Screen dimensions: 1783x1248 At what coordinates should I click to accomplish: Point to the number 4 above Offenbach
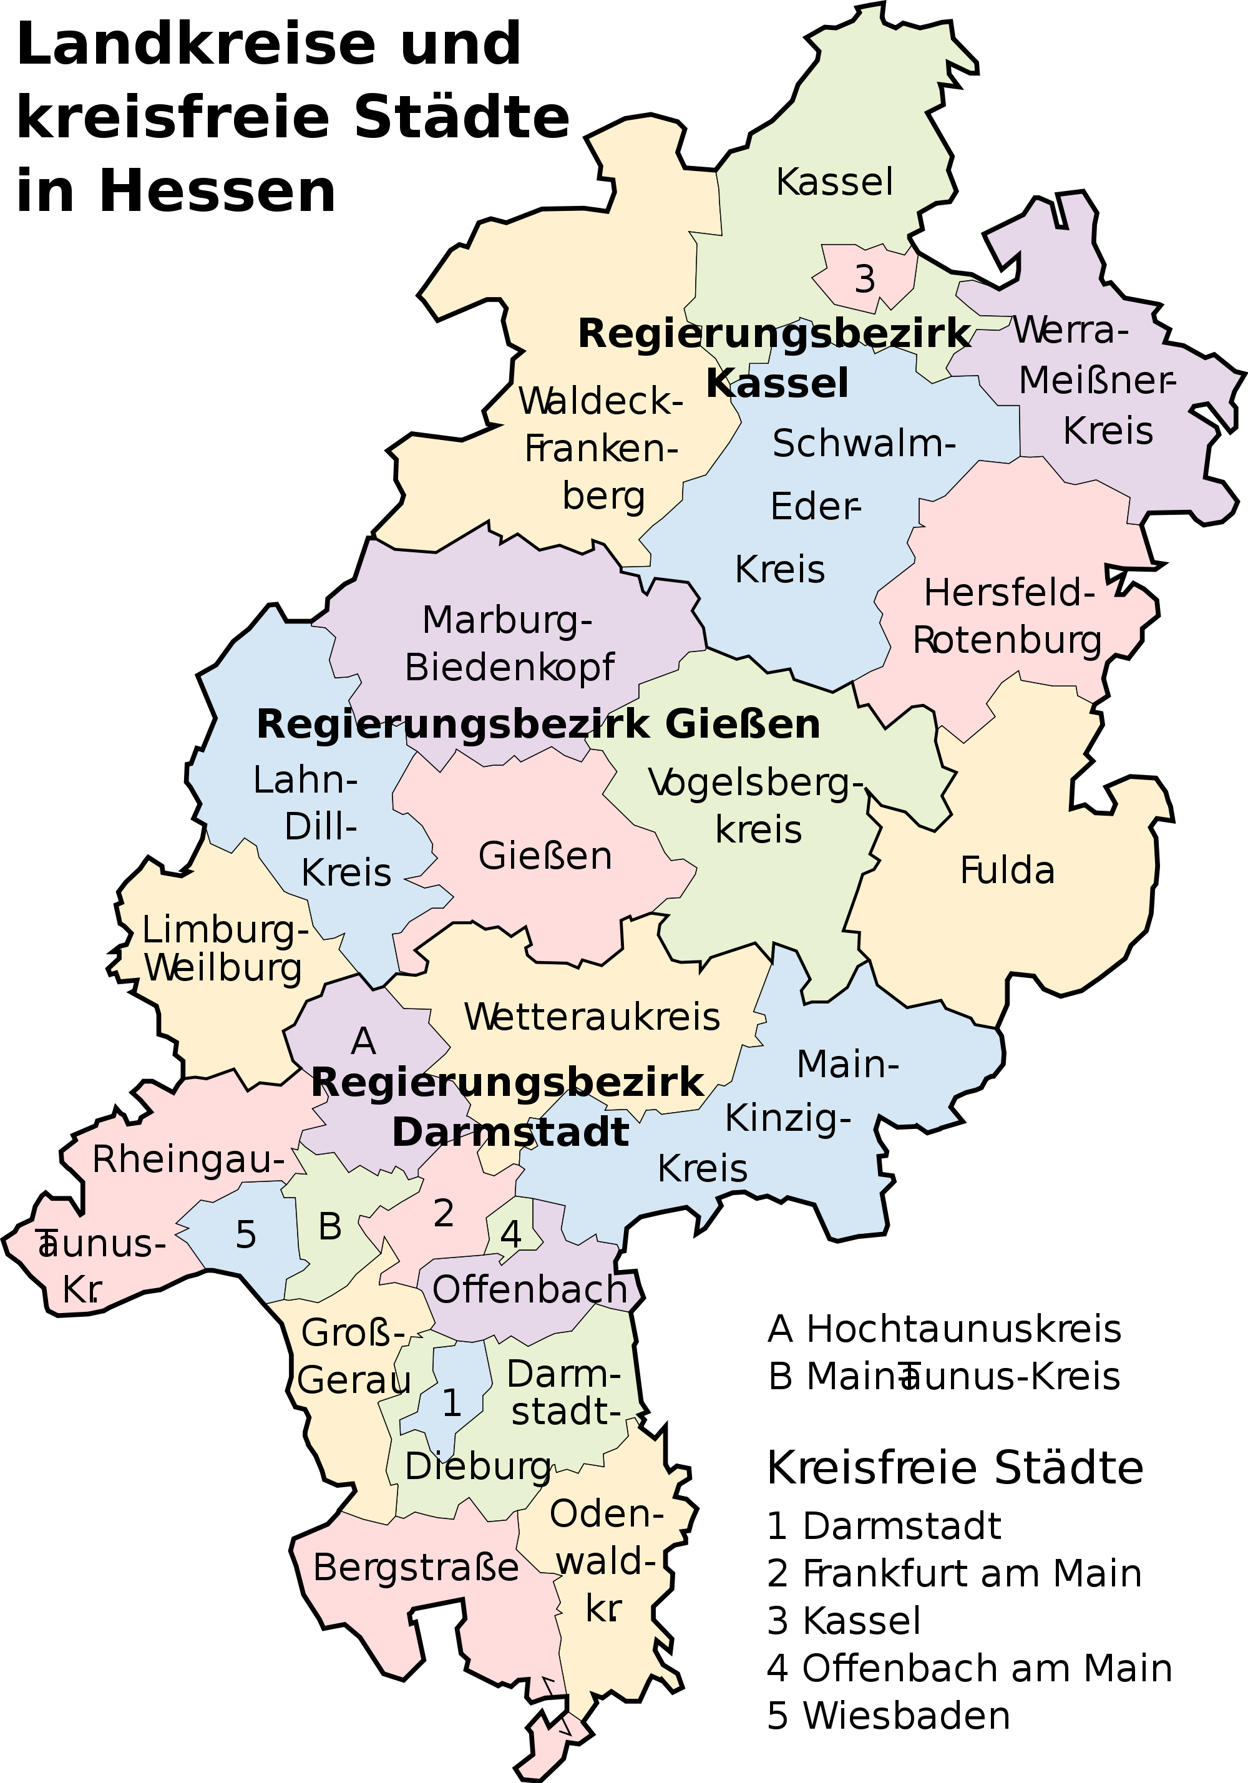pos(511,1233)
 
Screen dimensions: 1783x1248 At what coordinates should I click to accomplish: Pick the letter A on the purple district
pos(363,1042)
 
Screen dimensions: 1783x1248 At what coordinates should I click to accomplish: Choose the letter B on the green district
pos(330,1227)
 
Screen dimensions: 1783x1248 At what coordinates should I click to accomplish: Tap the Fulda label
pos(1007,871)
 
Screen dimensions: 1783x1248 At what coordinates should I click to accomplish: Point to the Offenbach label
pos(530,1290)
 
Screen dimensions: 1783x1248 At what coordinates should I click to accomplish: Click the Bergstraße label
pos(416,1568)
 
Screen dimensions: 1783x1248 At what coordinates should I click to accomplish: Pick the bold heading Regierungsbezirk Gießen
pos(538,725)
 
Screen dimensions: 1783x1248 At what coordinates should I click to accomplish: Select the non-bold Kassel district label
pos(834,182)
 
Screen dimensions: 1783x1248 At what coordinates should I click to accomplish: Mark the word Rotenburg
pos(1007,642)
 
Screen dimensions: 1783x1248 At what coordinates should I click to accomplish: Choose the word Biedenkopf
pos(509,668)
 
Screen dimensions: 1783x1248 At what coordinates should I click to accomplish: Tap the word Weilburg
pos(223,969)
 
